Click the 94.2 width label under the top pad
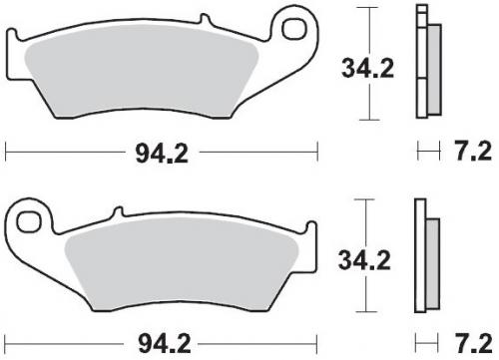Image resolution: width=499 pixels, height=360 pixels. [x=162, y=155]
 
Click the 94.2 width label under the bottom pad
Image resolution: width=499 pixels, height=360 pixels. [x=165, y=344]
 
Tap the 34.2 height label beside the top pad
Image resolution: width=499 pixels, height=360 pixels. [x=367, y=69]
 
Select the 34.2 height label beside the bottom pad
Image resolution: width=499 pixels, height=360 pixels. [x=364, y=260]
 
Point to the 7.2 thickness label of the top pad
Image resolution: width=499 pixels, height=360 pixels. [x=473, y=152]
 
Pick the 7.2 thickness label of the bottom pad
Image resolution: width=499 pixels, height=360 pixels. [x=473, y=344]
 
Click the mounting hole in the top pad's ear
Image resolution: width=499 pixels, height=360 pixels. [x=294, y=28]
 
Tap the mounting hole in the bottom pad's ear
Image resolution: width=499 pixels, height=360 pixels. [x=29, y=222]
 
